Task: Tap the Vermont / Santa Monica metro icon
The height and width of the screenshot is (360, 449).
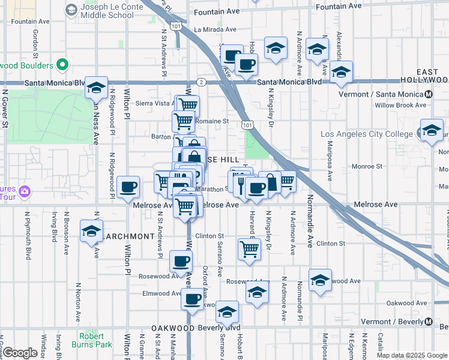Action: tap(429, 94)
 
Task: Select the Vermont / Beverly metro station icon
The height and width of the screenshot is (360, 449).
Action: tap(429, 322)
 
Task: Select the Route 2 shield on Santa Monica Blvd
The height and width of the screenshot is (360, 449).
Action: tap(202, 82)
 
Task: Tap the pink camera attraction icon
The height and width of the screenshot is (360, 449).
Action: tap(24, 192)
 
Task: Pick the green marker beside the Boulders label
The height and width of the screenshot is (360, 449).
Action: tap(62, 64)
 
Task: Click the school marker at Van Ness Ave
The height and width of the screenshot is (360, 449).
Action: tap(96, 88)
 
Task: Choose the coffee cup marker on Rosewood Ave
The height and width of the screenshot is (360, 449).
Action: tap(181, 261)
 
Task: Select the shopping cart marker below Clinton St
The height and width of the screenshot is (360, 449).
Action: tap(250, 248)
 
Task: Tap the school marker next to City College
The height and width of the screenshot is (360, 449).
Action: tap(431, 130)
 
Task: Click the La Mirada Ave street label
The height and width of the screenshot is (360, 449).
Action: tap(214, 29)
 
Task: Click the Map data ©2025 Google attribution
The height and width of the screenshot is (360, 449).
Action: tap(412, 355)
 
